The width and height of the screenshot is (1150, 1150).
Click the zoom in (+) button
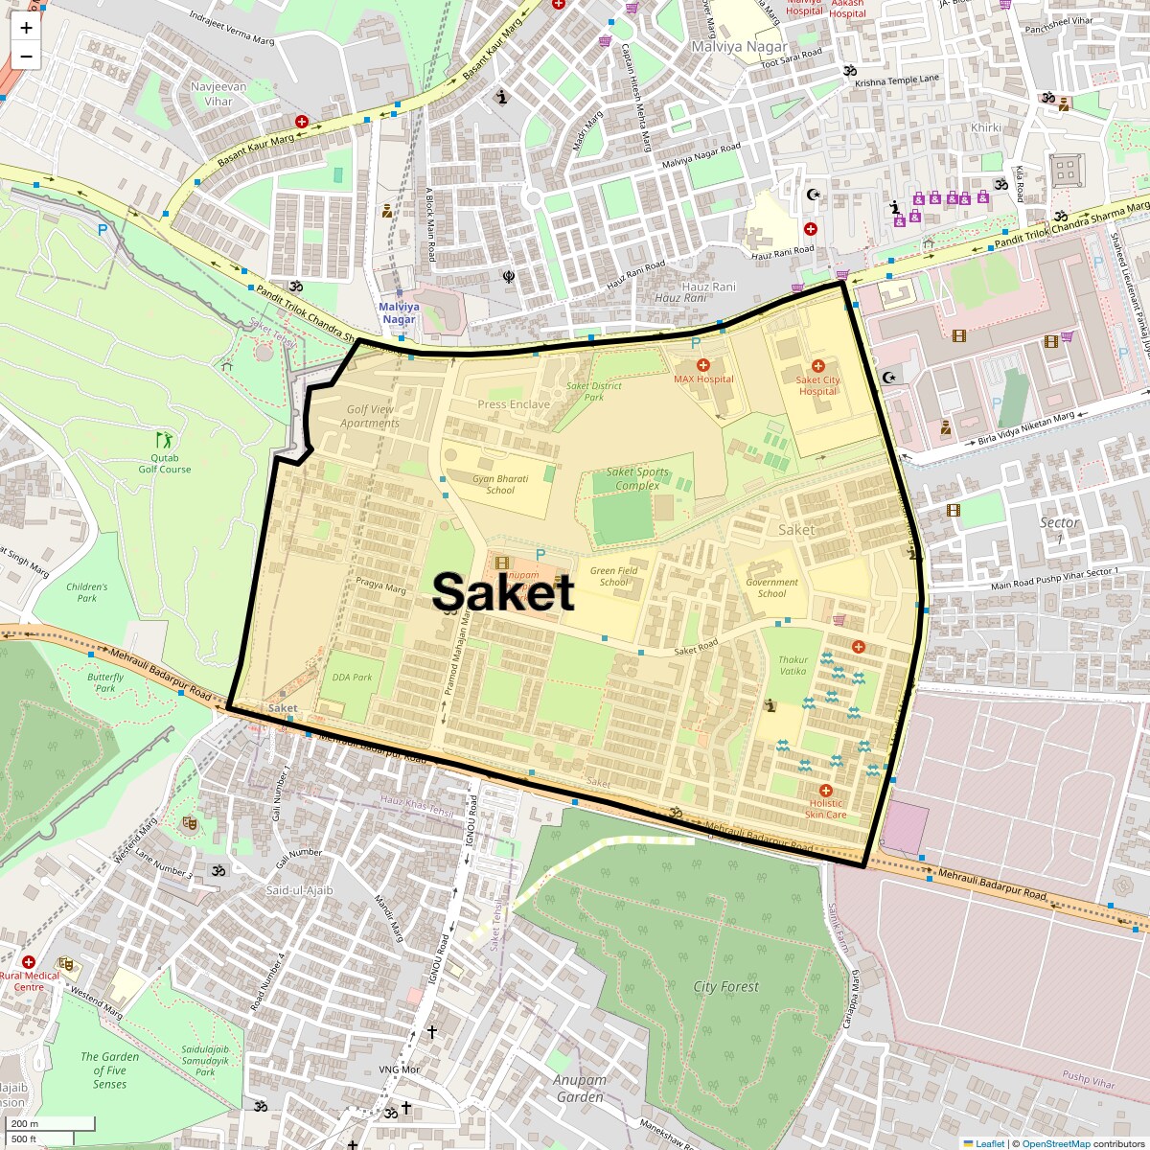point(26,29)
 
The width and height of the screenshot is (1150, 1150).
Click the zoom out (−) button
point(26,57)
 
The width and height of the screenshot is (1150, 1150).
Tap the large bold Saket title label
point(503,592)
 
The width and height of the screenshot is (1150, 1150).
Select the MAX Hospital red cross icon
point(703,365)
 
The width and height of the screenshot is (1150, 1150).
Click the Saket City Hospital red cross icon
point(817,366)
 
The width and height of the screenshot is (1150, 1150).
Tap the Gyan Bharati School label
point(500,484)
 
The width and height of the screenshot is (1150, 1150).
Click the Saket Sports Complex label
point(637,478)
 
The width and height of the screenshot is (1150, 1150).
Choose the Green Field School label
point(614,576)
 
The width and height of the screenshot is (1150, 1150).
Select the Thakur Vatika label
point(793,665)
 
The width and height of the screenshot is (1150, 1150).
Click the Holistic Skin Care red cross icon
point(825,791)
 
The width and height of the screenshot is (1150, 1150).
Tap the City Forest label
point(725,986)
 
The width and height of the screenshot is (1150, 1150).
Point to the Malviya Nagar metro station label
point(399,313)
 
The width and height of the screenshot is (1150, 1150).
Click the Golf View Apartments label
point(370,416)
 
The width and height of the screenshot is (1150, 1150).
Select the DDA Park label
point(352,677)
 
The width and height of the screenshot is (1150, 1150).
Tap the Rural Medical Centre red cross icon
point(29,961)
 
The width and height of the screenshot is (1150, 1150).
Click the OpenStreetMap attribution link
point(1055,1143)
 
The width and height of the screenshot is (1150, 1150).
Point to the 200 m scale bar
point(48,1124)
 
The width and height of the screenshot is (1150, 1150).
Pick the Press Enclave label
point(514,404)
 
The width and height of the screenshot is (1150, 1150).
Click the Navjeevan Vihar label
point(218,93)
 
